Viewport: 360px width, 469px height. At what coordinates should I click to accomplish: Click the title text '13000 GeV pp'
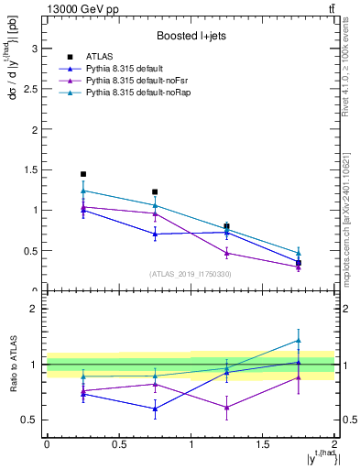coord(78,9)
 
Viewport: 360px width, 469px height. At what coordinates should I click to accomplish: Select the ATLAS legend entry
coord(99,57)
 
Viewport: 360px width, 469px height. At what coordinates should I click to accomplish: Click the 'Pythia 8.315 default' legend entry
coord(129,69)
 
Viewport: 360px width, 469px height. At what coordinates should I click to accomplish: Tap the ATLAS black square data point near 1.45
coord(82,174)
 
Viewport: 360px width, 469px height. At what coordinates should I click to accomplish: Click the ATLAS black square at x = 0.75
coord(155,192)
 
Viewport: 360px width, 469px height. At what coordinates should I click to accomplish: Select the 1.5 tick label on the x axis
coord(262,444)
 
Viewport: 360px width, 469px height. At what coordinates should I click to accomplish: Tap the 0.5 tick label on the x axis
coord(118,444)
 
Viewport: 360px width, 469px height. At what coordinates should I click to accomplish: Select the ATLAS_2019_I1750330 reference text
coord(191,274)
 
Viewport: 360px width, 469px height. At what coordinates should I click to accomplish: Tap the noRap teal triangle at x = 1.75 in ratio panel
coord(299,340)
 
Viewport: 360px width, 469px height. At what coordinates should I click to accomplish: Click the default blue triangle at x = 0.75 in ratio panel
coord(155,409)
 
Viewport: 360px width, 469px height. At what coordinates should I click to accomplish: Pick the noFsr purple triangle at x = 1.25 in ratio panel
coord(227,407)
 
